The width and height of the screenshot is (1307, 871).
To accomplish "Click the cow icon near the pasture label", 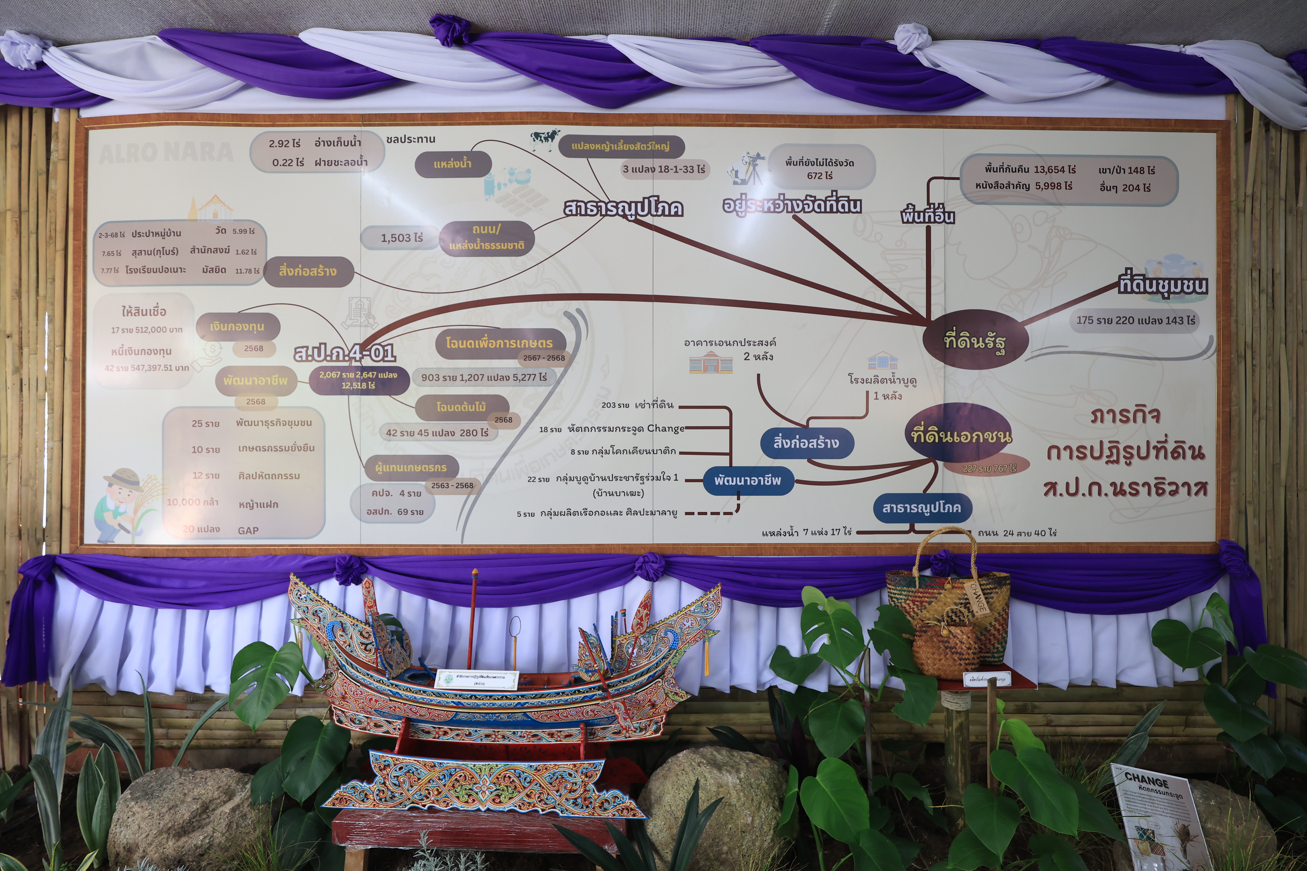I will (x=545, y=138).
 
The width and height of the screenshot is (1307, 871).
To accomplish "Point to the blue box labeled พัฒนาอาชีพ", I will (x=747, y=480).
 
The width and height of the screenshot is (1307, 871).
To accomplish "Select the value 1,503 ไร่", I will (x=401, y=238).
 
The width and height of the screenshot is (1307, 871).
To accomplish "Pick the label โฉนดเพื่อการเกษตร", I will (x=499, y=343).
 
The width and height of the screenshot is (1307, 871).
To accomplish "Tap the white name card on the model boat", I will (x=477, y=680).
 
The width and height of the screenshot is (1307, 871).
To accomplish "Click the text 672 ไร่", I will (x=819, y=175).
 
